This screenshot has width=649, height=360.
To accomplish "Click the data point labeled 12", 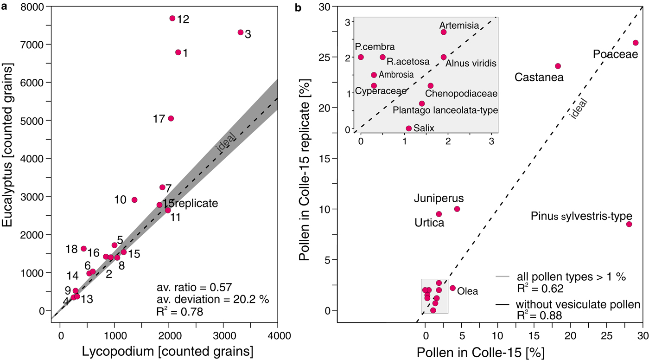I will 172,18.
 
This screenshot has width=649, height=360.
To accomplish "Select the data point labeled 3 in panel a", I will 241,32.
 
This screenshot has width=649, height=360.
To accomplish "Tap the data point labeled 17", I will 171,118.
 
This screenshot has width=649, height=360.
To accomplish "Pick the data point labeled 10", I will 134,200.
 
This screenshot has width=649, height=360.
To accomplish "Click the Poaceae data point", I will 636,43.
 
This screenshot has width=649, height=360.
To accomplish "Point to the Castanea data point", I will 558,66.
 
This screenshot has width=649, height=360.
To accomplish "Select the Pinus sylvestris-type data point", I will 629,224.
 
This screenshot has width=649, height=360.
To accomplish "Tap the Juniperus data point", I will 457,209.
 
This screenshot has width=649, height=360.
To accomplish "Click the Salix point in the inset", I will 408,129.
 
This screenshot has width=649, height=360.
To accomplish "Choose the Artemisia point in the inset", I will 444,32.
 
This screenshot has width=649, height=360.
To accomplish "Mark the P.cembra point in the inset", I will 361,57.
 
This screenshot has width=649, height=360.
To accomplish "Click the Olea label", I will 468,292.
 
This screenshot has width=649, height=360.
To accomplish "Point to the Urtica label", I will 429,223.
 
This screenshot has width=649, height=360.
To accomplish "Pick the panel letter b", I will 299,6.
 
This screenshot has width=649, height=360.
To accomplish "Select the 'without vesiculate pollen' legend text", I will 579,305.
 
